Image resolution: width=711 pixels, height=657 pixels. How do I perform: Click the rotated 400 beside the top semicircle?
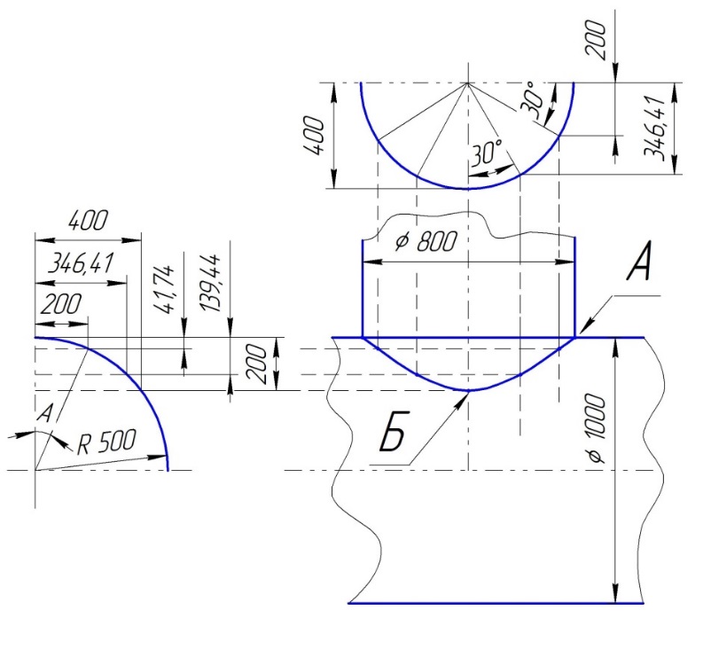[319, 136]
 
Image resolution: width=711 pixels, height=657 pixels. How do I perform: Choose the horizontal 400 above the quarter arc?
[86, 220]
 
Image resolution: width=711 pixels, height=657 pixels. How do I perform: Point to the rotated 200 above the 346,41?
[602, 40]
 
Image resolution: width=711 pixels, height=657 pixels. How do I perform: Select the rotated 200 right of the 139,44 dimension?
[256, 364]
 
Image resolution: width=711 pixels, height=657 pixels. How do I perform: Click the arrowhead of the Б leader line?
[468, 394]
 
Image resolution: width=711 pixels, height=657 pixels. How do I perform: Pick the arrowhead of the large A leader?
[579, 335]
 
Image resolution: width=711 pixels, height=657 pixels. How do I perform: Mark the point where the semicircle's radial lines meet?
[467, 82]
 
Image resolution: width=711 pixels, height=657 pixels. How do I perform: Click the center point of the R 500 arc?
[35, 470]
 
